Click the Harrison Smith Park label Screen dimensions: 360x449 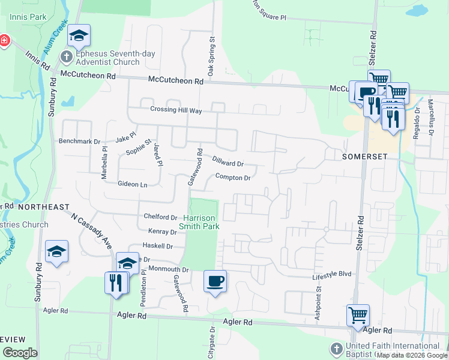click(199, 221)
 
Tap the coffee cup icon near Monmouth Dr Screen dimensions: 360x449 click(215, 281)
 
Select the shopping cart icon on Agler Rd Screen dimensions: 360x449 click(358, 315)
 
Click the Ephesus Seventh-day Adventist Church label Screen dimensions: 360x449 click(107, 58)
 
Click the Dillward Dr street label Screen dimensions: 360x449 click(228, 161)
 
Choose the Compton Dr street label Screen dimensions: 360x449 click(232, 178)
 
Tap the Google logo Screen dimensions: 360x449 click(19, 352)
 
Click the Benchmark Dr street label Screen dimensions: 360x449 click(79, 142)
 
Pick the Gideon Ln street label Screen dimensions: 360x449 click(133, 184)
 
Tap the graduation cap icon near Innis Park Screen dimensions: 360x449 click(79, 37)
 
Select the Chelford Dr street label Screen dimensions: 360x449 click(160, 217)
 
